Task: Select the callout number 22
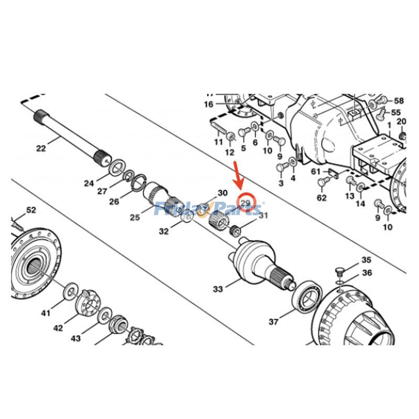click(41, 148)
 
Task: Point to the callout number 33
click(218, 289)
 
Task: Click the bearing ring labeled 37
click(306, 298)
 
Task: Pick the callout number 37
click(273, 322)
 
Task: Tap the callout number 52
click(31, 210)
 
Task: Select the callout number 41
click(46, 313)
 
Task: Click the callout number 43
click(76, 338)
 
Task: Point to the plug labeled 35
click(338, 271)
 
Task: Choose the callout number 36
click(367, 273)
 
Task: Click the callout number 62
click(322, 197)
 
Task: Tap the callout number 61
click(316, 171)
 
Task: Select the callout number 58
click(399, 101)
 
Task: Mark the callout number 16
click(209, 104)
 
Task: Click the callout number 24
click(89, 183)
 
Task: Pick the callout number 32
click(164, 231)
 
